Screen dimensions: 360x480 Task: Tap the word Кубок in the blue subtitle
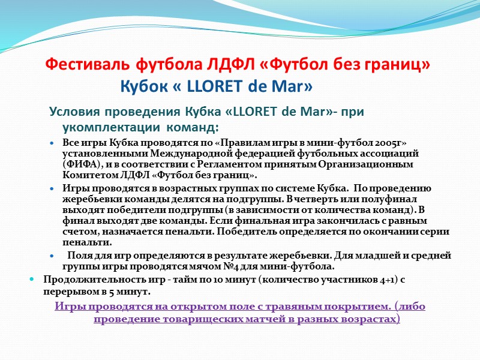point(145,87)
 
